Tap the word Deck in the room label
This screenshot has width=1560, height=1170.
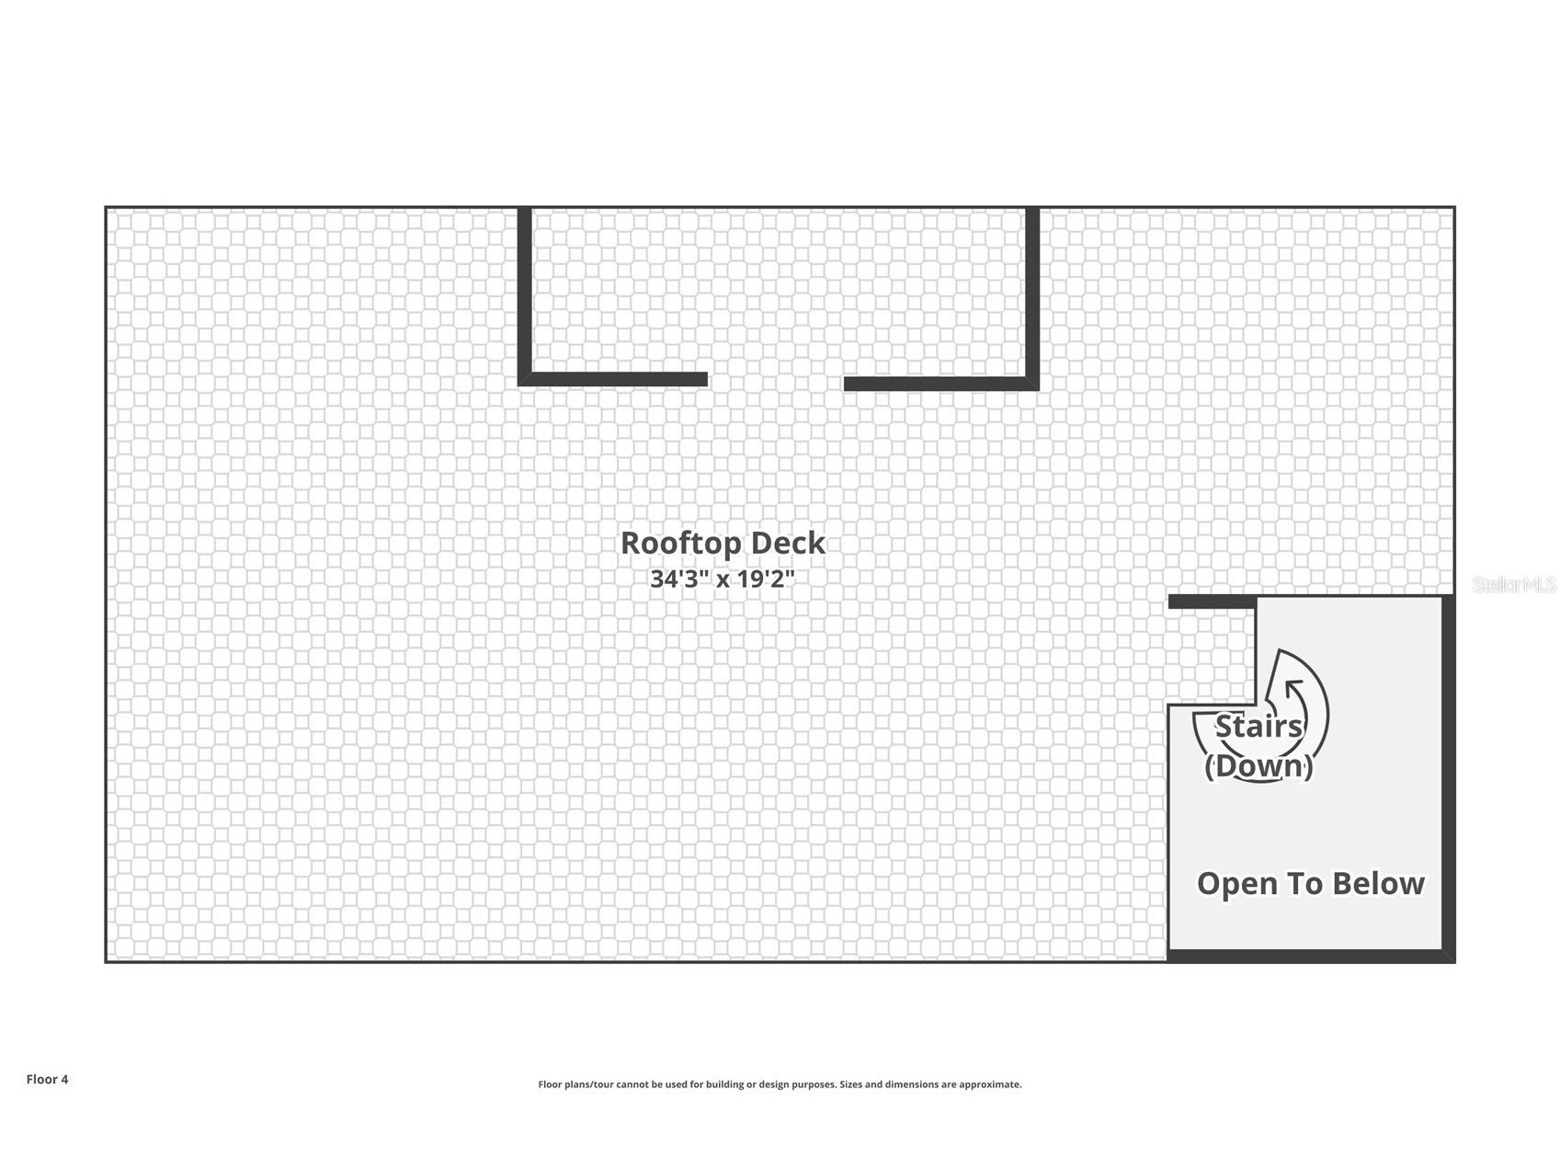tap(789, 543)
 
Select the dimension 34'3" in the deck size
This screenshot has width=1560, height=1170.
tap(679, 579)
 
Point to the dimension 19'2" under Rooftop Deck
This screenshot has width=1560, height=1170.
tap(767, 579)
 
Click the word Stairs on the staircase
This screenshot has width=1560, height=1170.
tap(1258, 727)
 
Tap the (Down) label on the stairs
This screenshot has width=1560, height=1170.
tap(1258, 765)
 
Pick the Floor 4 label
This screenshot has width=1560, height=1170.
tap(47, 1080)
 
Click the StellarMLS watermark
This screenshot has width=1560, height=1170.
tap(1514, 585)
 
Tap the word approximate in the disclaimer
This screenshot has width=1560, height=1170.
tap(989, 1084)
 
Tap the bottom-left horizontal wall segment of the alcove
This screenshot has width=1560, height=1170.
tap(613, 379)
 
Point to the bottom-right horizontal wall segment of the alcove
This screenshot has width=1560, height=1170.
tap(941, 384)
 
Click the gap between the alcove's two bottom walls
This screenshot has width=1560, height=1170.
tap(776, 381)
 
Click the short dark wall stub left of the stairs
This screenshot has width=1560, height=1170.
tap(1212, 602)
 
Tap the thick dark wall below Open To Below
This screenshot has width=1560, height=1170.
tap(1311, 957)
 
